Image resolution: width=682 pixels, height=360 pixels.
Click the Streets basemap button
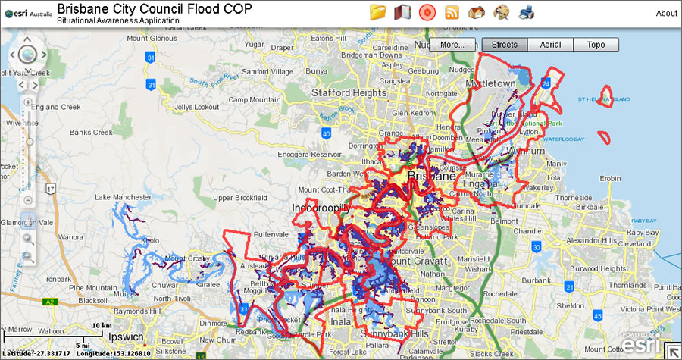504,45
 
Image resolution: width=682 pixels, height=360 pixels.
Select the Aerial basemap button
550,45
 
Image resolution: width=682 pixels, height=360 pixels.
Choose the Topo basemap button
596,45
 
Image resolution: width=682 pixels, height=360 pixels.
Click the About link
666,13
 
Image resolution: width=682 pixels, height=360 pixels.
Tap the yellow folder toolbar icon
378,12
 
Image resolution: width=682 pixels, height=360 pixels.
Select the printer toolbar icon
526,12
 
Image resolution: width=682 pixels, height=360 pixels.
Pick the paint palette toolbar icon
502,12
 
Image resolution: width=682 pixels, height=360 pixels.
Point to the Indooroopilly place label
321,207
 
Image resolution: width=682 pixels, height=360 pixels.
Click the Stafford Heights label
349,93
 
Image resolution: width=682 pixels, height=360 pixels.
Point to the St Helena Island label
603,99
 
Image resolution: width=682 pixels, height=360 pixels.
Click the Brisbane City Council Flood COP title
155,9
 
